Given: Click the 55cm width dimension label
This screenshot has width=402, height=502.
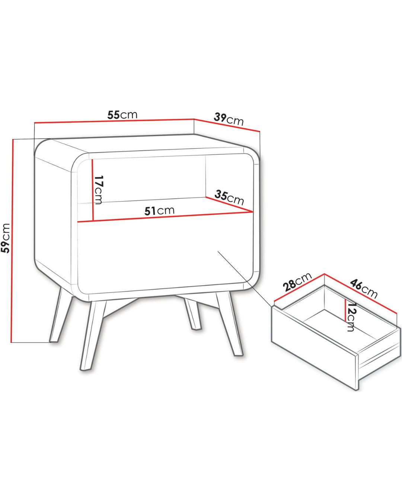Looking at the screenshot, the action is [122, 115].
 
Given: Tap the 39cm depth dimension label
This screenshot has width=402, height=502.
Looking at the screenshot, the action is [229, 119].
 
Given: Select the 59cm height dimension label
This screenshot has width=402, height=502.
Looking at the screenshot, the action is [5, 238].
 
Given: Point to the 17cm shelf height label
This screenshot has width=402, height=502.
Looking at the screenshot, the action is [98, 190].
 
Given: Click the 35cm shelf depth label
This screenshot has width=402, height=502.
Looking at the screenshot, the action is [229, 197].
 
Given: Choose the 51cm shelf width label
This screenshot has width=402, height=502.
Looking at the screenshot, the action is [159, 210].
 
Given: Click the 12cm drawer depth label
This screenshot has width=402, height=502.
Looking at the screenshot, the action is [351, 317].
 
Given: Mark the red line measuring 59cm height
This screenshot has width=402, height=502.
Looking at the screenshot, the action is [12, 241].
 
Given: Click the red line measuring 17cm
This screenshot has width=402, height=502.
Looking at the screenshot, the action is [93, 190].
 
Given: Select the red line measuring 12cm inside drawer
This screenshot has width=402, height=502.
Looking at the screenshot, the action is [345, 310].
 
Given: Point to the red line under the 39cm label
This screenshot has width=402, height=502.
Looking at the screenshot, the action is [227, 125].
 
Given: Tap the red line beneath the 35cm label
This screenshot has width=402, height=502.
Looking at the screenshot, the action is [229, 205].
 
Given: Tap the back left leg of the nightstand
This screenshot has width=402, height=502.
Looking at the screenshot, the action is [61, 315].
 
